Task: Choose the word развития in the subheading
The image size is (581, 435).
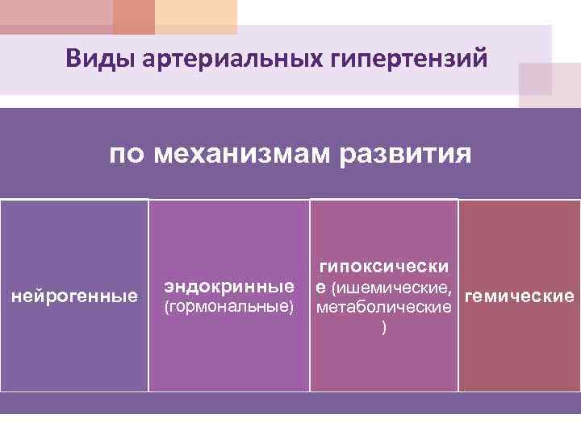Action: (404, 153)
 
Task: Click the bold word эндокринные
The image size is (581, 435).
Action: (228, 286)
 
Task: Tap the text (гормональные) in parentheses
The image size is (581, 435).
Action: (228, 307)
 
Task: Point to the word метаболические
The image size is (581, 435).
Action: (384, 308)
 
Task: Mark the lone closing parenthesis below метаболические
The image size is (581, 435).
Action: (384, 328)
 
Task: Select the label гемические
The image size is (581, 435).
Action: (519, 296)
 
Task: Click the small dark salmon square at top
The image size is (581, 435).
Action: (133, 17)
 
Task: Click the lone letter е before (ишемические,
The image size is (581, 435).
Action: (321, 287)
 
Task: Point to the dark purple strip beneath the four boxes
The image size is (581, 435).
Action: (290, 403)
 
